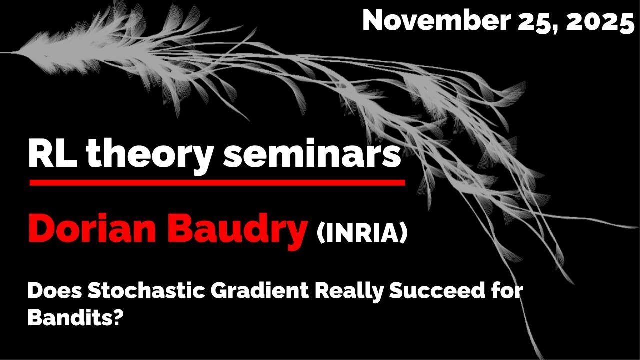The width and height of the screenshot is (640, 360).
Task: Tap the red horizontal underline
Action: point(217,183)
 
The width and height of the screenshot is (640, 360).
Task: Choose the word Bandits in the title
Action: point(70,317)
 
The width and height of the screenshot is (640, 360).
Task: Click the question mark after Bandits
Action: point(118,317)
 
